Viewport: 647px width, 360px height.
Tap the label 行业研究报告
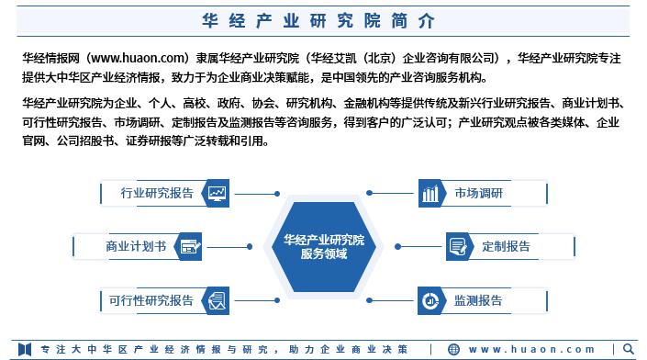click(x=157, y=193)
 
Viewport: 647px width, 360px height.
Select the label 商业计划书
click(x=136, y=246)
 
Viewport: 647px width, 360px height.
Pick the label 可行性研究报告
click(x=151, y=300)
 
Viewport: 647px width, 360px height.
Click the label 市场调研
click(x=478, y=193)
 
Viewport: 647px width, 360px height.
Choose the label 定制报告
click(x=506, y=246)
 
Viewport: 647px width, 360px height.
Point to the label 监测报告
click(x=478, y=300)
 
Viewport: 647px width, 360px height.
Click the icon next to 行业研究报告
click(x=218, y=193)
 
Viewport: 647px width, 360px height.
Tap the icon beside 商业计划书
click(x=190, y=246)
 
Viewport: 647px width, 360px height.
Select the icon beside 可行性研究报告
click(x=218, y=300)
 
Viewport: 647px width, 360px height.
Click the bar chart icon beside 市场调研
click(x=430, y=193)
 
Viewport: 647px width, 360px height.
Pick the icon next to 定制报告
click(x=458, y=246)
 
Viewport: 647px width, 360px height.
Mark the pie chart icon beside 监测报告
click(x=430, y=300)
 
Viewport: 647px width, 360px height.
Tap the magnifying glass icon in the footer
click(x=629, y=349)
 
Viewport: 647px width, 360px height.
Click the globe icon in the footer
click(x=453, y=350)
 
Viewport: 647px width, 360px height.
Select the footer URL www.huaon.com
click(x=532, y=350)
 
